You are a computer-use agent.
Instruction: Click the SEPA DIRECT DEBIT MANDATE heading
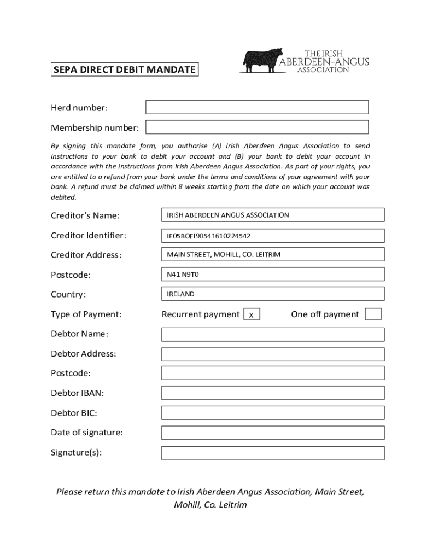click(124, 70)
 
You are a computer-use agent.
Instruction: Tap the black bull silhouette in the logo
click(262, 60)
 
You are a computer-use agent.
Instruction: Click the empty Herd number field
click(257, 107)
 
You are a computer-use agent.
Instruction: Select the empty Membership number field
click(257, 127)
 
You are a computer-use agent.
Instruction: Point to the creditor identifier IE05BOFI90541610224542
click(209, 236)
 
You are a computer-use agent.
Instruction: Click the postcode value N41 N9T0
click(183, 275)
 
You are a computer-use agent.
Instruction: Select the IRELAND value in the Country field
click(181, 294)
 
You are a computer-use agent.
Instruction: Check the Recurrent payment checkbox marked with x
click(252, 314)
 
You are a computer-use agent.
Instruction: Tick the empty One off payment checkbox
click(373, 314)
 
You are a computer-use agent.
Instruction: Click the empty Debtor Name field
click(273, 334)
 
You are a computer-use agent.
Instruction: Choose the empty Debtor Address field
click(273, 354)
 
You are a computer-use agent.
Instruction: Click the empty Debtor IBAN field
click(273, 393)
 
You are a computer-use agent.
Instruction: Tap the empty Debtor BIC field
click(273, 413)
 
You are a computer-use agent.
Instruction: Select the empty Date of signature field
click(273, 433)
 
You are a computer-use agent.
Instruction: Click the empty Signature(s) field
click(273, 453)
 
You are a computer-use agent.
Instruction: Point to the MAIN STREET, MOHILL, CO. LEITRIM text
click(224, 255)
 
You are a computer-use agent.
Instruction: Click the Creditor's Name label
click(85, 215)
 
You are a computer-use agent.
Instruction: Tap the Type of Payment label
click(86, 314)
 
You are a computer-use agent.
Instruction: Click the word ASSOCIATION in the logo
click(323, 70)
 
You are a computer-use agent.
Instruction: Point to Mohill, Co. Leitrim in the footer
click(210, 505)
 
